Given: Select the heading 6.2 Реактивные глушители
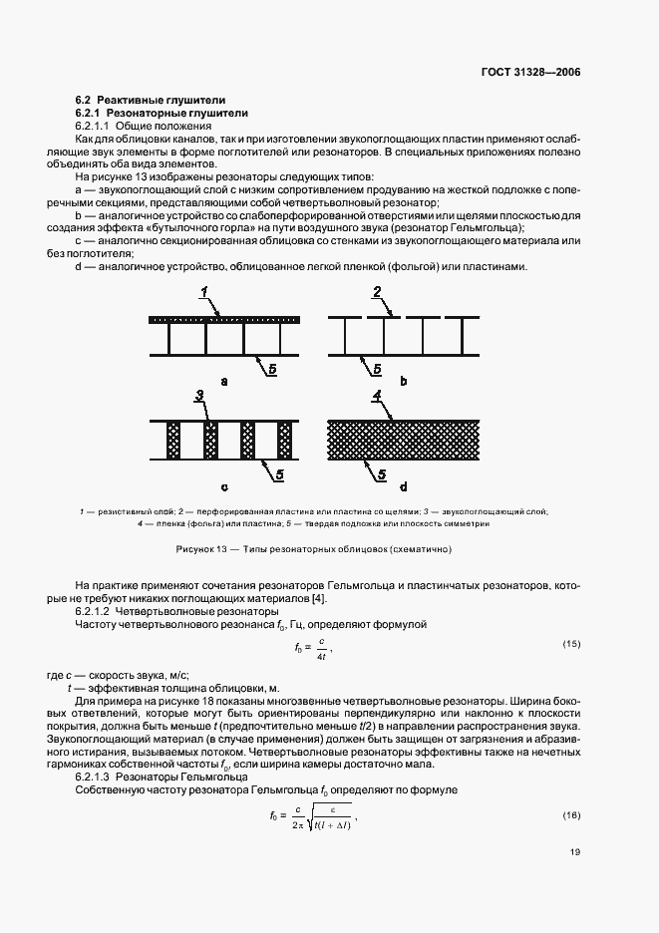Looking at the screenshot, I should tap(150, 101).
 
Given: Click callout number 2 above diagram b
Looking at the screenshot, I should tap(377, 292).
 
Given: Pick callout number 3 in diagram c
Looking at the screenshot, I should tap(200, 397).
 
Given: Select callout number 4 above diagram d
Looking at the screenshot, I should tap(377, 396).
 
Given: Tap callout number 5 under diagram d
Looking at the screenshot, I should tap(381, 475).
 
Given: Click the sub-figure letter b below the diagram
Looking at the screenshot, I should tap(402, 381).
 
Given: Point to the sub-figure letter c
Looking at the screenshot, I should tap(224, 487).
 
